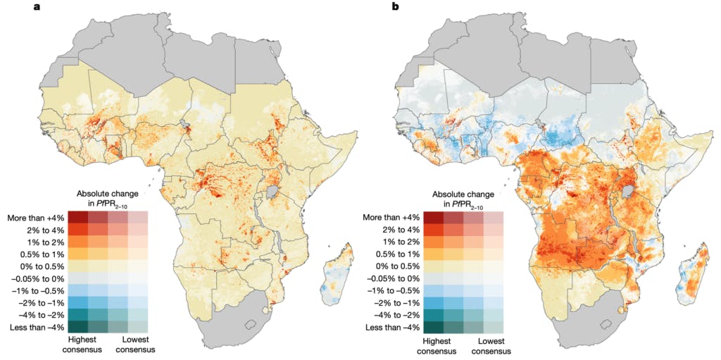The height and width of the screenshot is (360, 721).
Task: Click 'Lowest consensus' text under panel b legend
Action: click(x=486, y=345)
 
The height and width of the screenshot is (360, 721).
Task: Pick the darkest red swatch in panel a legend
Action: click(x=78, y=217)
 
